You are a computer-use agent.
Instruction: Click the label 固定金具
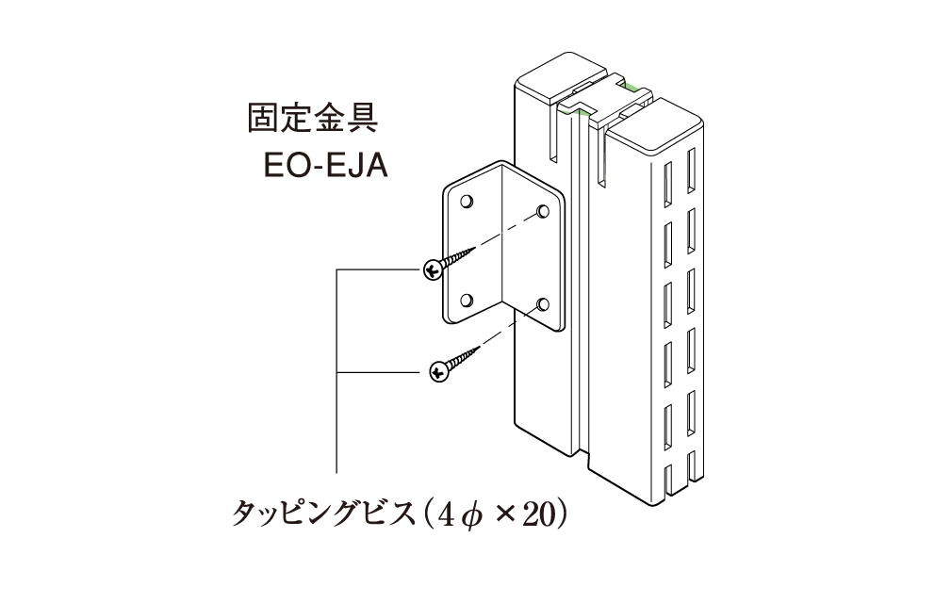tap(313, 117)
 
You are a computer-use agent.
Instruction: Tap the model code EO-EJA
tap(325, 166)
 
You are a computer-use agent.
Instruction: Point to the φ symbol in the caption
tap(471, 514)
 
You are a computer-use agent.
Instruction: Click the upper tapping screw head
tap(433, 269)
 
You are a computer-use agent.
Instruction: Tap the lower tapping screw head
tap(439, 372)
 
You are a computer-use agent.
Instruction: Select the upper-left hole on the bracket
tap(467, 201)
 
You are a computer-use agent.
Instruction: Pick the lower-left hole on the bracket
tap(467, 300)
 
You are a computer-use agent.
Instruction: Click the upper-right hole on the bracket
tap(543, 211)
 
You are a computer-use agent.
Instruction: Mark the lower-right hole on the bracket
tap(543, 305)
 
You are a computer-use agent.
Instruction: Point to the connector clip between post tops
tap(603, 100)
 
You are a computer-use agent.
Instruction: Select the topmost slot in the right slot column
tap(691, 171)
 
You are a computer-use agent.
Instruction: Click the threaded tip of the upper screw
tap(470, 251)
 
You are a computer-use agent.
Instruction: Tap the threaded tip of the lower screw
tap(475, 350)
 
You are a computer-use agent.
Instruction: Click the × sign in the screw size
tap(504, 514)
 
